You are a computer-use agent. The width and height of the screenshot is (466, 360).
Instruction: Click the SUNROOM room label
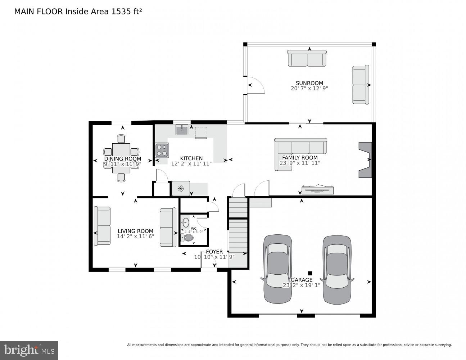pyautogui.click(x=309, y=83)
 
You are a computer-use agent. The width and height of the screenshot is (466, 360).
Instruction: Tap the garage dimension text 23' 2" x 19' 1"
pyautogui.click(x=301, y=285)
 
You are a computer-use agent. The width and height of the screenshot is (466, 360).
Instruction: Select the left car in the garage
pyautogui.click(x=278, y=269)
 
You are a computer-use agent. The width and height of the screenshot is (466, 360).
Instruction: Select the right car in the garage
pyautogui.click(x=337, y=269)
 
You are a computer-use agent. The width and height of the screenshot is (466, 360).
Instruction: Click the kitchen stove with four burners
pyautogui.click(x=162, y=150)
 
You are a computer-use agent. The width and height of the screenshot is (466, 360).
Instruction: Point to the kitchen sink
pyautogui.click(x=182, y=130)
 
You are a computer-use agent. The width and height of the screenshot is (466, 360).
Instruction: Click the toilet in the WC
pyautogui.click(x=187, y=238)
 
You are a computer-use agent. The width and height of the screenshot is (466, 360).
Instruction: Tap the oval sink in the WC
pyautogui.click(x=186, y=222)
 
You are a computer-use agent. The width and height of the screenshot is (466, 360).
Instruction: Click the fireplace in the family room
pyautogui.click(x=365, y=160)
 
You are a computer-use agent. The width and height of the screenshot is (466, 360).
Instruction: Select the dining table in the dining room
pyautogui.click(x=121, y=158)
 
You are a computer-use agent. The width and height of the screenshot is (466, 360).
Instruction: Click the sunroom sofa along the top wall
pyautogui.click(x=307, y=58)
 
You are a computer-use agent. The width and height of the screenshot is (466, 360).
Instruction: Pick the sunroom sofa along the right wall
pyautogui.click(x=360, y=85)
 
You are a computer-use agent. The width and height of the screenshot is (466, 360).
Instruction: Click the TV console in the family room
pyautogui.click(x=317, y=189)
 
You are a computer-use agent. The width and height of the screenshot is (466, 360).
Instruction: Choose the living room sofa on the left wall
pyautogui.click(x=102, y=226)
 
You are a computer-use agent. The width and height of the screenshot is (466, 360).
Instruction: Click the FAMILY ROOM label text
pyautogui.click(x=300, y=158)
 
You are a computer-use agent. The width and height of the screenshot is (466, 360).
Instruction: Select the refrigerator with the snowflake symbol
pyautogui.click(x=181, y=188)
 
